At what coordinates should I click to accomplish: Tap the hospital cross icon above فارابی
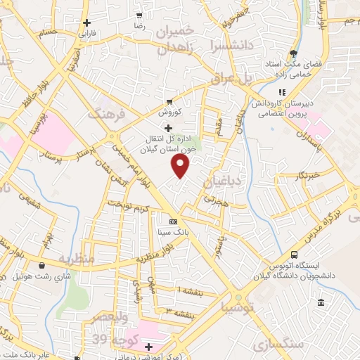pyautogui.click(x=86, y=22)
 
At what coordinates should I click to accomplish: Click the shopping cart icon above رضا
pyautogui.click(x=139, y=15)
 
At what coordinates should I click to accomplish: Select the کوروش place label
pyautogui.click(x=169, y=112)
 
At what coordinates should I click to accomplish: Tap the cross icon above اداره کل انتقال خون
pyautogui.click(x=167, y=128)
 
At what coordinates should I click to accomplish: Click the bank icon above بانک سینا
pyautogui.click(x=173, y=221)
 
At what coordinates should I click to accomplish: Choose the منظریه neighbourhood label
pyautogui.click(x=76, y=258)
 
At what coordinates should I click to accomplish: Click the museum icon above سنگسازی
pyautogui.click(x=321, y=303)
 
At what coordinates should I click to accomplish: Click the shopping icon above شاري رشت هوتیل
pyautogui.click(x=44, y=265)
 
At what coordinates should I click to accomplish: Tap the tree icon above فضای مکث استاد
pyautogui.click(x=293, y=53)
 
